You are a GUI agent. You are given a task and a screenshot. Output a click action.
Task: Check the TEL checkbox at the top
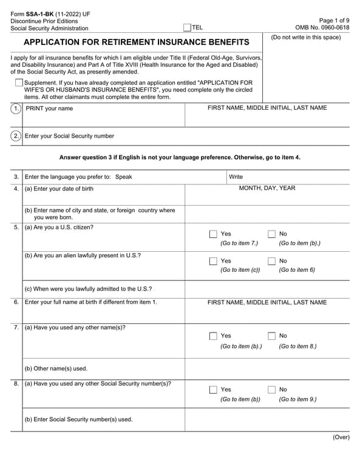187,27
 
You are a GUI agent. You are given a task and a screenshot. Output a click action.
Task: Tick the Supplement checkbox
19,83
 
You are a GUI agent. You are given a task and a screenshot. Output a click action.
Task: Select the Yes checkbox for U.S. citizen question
213,234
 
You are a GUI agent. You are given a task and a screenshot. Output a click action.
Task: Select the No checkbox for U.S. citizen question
271,234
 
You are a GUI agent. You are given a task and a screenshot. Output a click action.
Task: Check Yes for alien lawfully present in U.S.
213,261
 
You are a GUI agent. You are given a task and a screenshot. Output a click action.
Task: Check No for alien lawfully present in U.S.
271,261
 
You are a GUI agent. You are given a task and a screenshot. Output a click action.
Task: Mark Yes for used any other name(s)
213,336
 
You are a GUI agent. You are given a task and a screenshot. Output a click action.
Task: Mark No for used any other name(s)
271,336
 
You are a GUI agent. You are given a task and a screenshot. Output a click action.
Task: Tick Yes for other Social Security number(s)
213,390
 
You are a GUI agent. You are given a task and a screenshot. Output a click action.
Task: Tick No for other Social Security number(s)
271,390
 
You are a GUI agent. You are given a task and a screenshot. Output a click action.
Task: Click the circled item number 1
16,109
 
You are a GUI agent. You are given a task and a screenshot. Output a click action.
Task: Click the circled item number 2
16,136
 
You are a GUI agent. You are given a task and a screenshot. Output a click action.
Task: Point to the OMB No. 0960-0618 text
322,28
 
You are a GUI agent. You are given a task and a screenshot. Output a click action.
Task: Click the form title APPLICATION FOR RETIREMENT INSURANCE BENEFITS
136,42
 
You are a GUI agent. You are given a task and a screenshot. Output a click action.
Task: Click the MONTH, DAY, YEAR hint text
267,188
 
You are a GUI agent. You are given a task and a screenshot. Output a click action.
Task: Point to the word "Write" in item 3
236,177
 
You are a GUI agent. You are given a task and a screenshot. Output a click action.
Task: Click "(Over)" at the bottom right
341,437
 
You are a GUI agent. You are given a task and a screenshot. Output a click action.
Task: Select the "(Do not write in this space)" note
306,37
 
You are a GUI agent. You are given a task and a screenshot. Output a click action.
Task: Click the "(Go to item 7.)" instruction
239,243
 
